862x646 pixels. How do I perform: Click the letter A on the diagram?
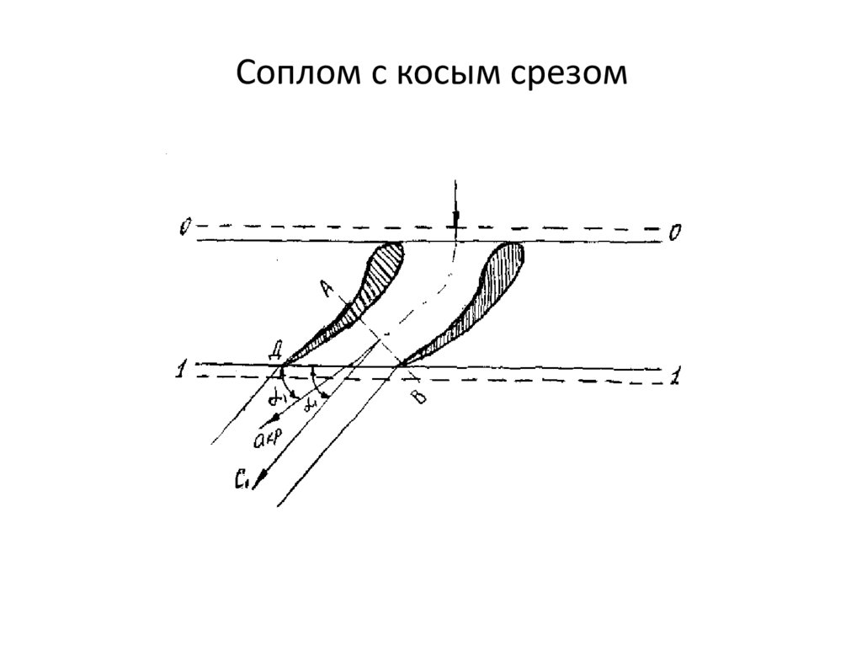pos(329,289)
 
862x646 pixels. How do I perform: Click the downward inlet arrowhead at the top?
pos(455,220)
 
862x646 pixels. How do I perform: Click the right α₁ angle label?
pos(312,404)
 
